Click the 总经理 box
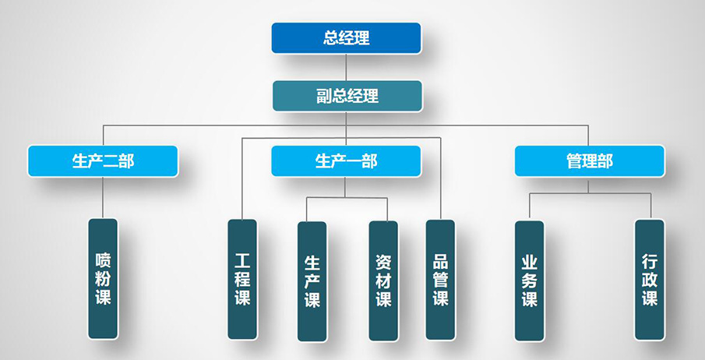(x=346, y=38)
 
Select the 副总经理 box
(x=347, y=96)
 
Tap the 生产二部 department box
(x=103, y=161)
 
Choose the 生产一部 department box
(x=346, y=161)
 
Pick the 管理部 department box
(x=590, y=161)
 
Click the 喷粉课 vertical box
(x=103, y=279)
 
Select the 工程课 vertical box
(x=242, y=280)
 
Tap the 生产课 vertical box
(x=312, y=281)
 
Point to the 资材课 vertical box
(x=383, y=281)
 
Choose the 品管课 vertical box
(x=441, y=280)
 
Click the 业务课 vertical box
(x=530, y=281)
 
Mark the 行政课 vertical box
(x=650, y=280)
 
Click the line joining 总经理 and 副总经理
(x=346, y=67)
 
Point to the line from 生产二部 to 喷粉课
(x=103, y=198)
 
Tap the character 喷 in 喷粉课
(x=103, y=260)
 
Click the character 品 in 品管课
(x=441, y=262)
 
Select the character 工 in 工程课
(x=242, y=260)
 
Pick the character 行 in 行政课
(x=650, y=261)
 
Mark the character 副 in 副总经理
(x=324, y=96)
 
